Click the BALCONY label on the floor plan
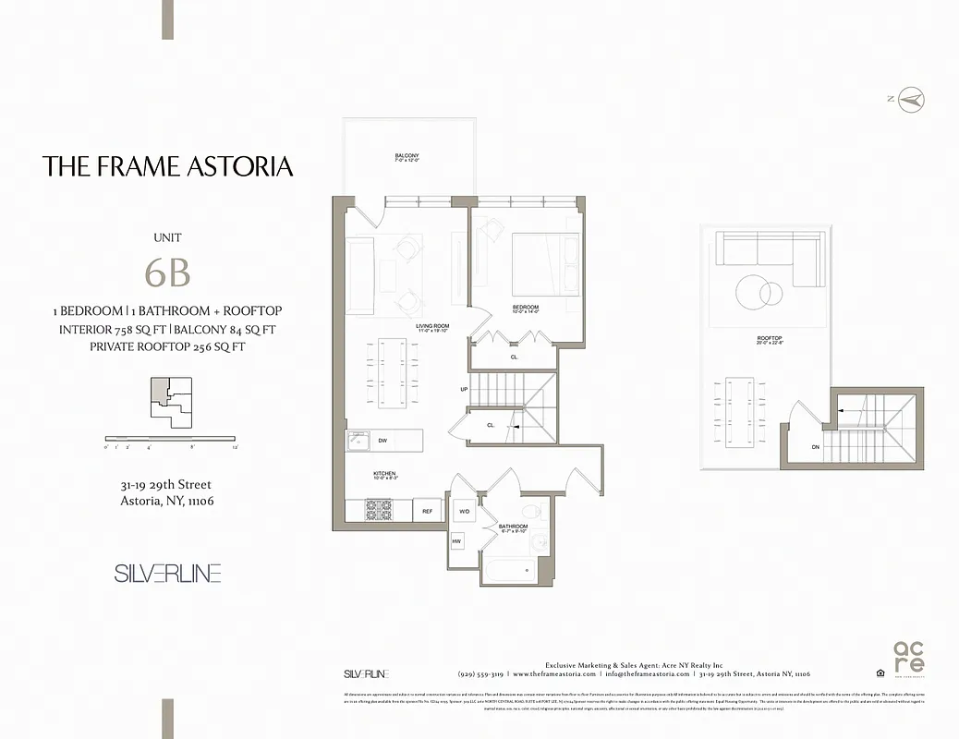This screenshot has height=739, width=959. pyautogui.click(x=407, y=155)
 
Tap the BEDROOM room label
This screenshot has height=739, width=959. pyautogui.click(x=526, y=307)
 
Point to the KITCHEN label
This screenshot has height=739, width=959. pyautogui.click(x=384, y=474)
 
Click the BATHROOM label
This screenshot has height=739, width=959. pyautogui.click(x=513, y=526)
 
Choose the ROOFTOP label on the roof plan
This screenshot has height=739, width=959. pyautogui.click(x=770, y=339)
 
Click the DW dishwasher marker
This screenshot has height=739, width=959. pyautogui.click(x=382, y=441)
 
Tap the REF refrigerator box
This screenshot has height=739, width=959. pyautogui.click(x=428, y=511)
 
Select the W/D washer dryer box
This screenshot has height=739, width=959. pyautogui.click(x=463, y=511)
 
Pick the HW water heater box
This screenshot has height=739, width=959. pyautogui.click(x=457, y=540)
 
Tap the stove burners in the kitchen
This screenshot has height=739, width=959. pyautogui.click(x=379, y=509)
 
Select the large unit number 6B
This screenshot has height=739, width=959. pyautogui.click(x=167, y=273)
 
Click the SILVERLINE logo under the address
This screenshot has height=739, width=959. pyautogui.click(x=167, y=574)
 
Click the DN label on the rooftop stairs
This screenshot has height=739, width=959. pyautogui.click(x=815, y=447)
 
